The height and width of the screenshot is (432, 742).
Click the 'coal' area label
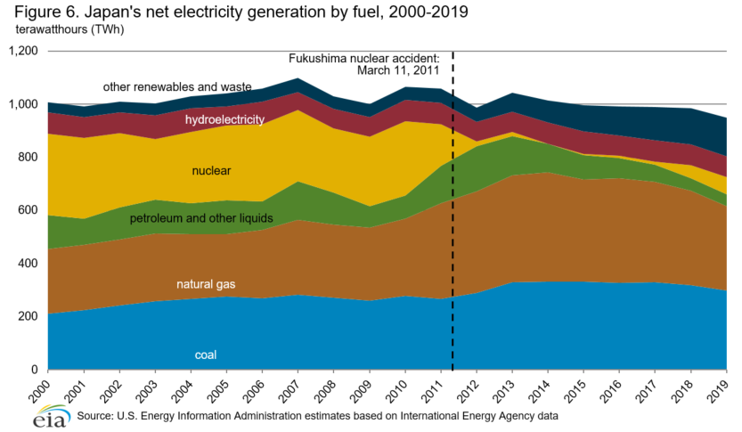(x=206, y=355)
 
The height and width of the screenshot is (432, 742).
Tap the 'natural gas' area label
(x=207, y=284)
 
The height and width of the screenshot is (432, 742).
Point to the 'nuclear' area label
(x=209, y=169)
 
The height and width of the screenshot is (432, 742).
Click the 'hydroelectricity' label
(x=224, y=119)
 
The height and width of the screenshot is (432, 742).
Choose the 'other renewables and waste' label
(x=177, y=87)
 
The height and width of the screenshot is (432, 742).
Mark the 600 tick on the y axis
(x=29, y=210)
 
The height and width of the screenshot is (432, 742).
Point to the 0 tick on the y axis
(x=35, y=370)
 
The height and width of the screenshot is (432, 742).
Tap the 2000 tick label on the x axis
(x=41, y=390)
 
